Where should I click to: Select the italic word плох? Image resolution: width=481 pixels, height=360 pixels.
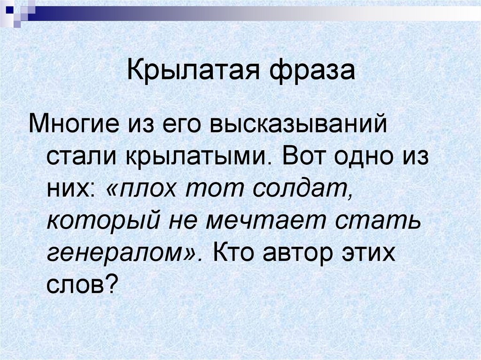point(148,187)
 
